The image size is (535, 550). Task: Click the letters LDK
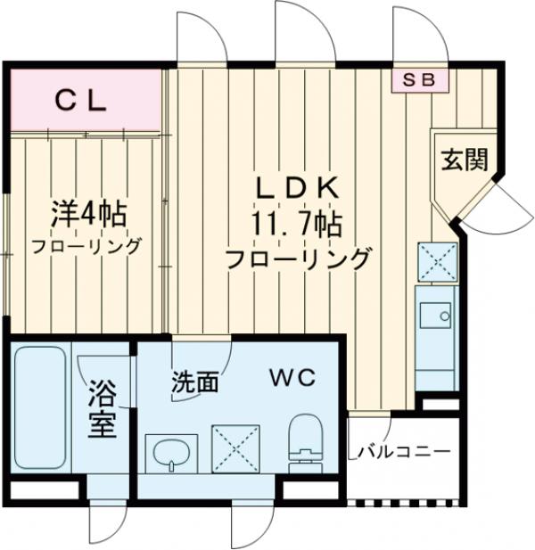297,187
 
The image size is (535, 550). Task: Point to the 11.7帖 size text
297,223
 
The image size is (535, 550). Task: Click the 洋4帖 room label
86,214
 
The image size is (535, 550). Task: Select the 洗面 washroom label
194,382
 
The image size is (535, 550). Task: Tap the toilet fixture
305,439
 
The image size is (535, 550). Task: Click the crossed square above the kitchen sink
437,262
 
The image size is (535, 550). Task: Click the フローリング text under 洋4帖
86,246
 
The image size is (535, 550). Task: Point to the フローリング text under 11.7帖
297,260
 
